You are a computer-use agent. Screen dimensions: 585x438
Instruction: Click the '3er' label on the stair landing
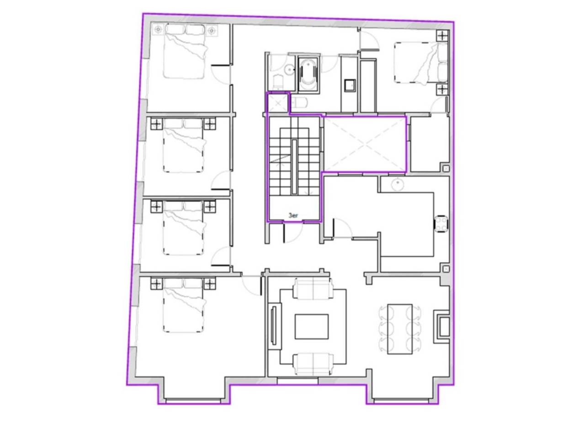(293, 216)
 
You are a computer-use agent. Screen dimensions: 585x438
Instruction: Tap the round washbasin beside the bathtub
(289, 70)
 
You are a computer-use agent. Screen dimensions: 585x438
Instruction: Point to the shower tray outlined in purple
(278, 103)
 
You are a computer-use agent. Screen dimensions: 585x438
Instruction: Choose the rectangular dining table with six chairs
(399, 329)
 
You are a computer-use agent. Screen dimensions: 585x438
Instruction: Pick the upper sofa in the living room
(313, 288)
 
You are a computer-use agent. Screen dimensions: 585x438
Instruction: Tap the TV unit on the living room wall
(275, 325)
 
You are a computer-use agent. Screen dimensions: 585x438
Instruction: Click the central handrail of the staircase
(294, 167)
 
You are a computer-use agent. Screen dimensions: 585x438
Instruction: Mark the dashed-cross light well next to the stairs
(365, 144)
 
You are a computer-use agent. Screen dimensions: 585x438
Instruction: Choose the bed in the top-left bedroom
(185, 51)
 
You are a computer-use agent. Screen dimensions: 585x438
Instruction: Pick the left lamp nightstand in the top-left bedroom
(158, 30)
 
